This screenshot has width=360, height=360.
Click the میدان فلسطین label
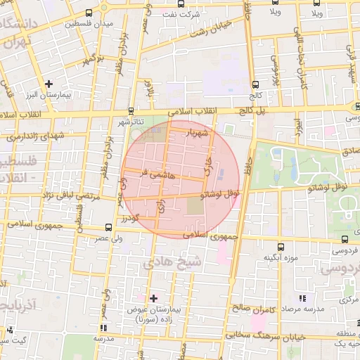coord(89,25)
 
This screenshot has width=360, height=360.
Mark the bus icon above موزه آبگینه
coord(281,247)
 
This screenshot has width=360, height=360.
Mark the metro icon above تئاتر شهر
coord(131,110)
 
